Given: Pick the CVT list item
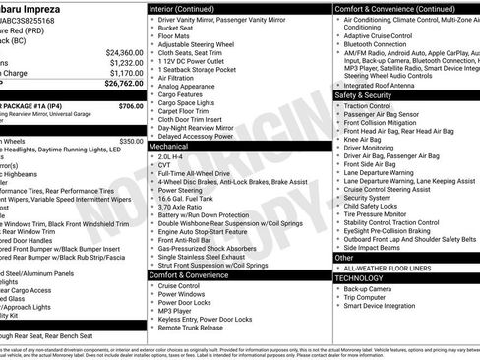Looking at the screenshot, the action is [x=165, y=164].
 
